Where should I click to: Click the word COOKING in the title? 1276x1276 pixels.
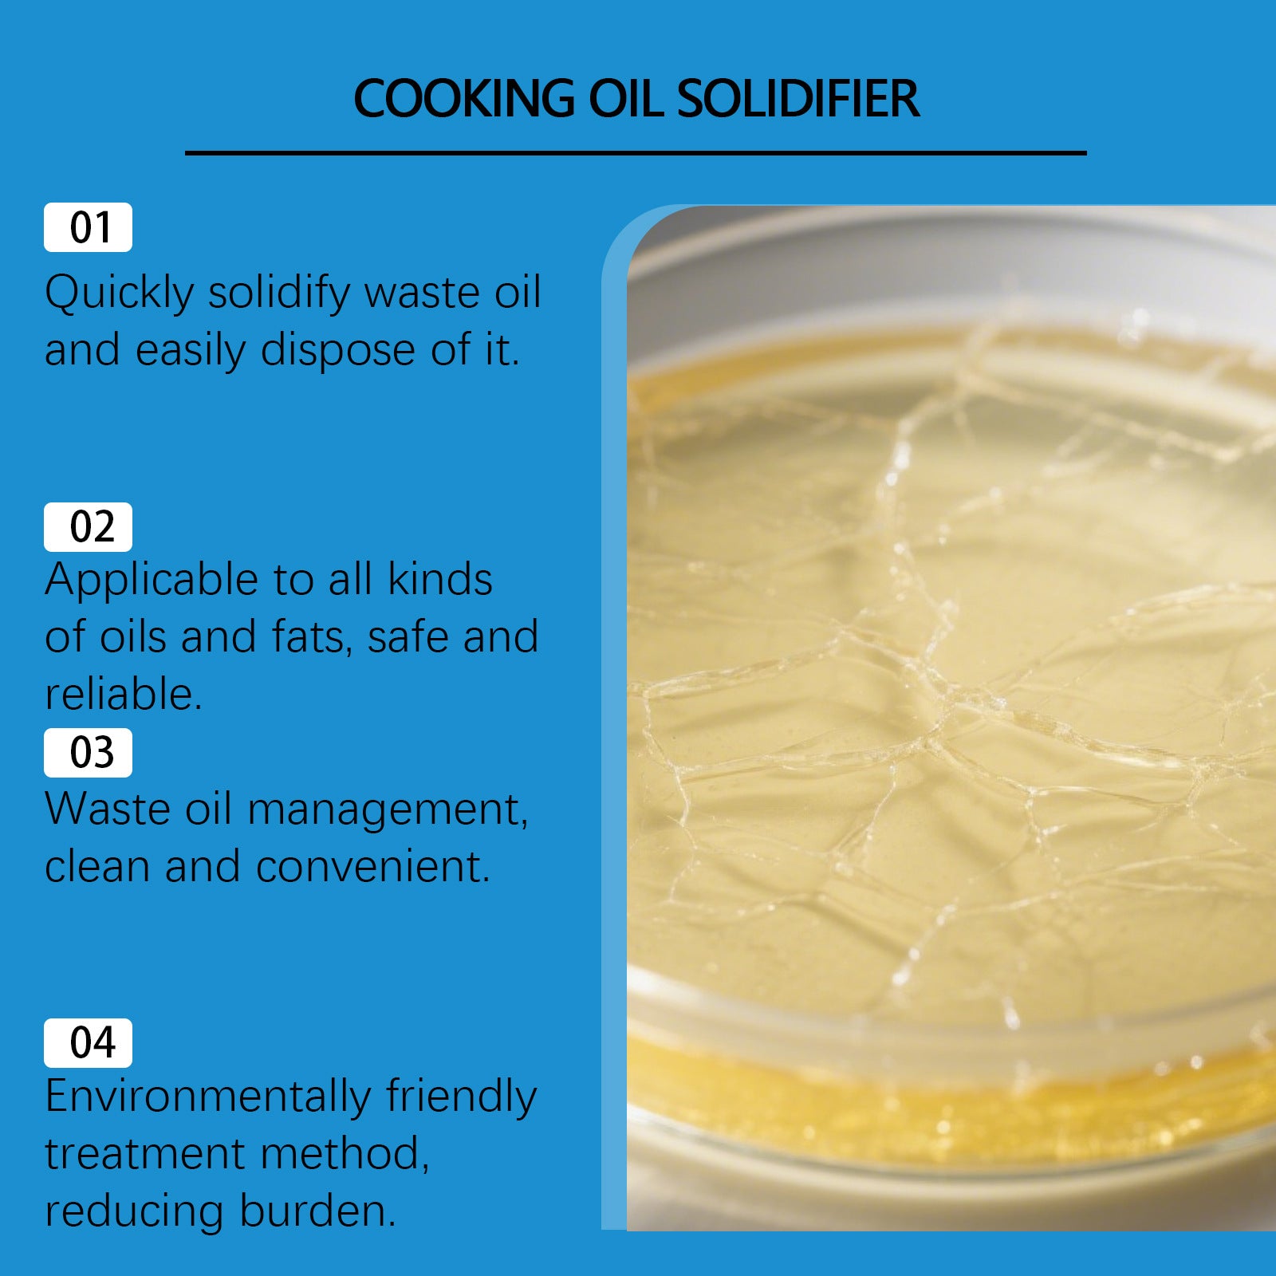[463, 99]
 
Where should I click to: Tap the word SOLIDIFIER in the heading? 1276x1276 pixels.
[797, 99]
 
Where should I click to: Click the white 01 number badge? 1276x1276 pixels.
[88, 228]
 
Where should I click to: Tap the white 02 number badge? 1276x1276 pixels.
[88, 527]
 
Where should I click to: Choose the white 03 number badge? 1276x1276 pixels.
[88, 753]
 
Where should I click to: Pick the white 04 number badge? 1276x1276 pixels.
[88, 1043]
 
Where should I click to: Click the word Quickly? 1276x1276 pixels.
[119, 293]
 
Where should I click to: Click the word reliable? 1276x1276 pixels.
[123, 695]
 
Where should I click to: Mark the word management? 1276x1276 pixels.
[388, 810]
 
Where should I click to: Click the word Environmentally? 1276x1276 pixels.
[208, 1097]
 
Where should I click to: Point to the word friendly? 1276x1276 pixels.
[462, 1097]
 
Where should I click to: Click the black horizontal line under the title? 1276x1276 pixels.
[636, 153]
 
